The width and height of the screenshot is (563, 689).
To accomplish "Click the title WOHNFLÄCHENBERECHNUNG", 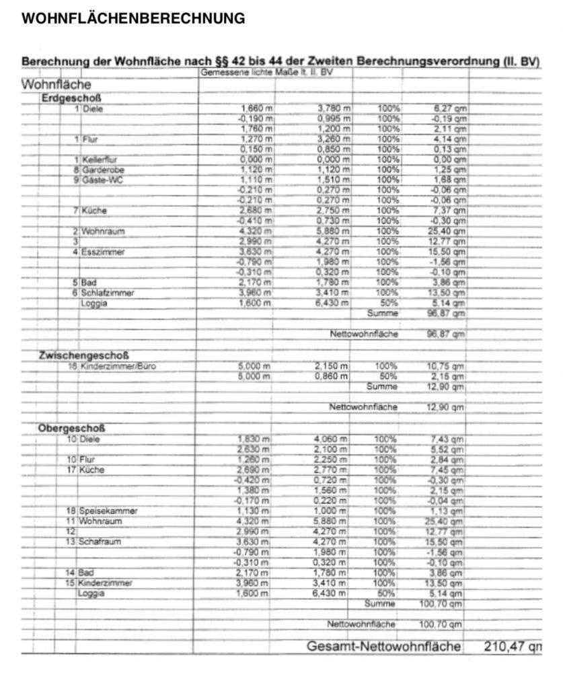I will click(133, 19).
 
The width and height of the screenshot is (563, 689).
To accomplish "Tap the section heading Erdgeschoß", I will click(71, 98).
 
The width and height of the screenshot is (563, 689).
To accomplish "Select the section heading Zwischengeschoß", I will click(84, 355).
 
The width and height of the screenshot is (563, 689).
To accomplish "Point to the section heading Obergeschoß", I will click(71, 428).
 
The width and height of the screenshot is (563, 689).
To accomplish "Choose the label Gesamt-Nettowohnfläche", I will click(383, 647).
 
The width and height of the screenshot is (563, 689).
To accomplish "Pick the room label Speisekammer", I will click(108, 511).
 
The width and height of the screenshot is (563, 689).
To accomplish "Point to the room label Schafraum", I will click(100, 542).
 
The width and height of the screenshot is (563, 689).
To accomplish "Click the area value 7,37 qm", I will click(449, 211).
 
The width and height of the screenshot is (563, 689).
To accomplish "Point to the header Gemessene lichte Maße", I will click(267, 71).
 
